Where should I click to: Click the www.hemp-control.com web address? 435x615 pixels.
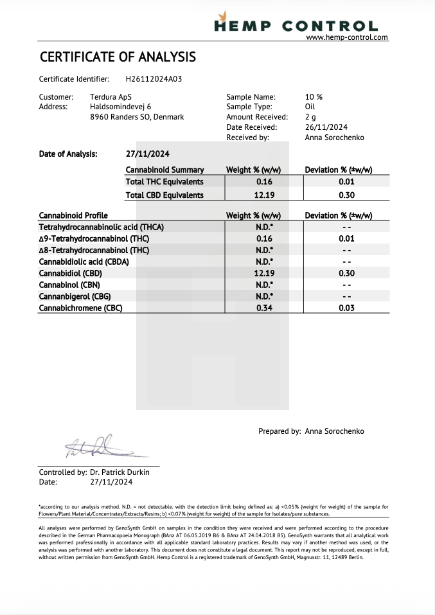point(347,37)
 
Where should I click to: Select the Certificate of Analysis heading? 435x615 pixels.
point(118,57)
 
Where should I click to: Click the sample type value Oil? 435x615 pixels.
point(310,107)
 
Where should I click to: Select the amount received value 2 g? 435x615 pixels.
point(310,117)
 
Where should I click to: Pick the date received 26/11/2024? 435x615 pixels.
point(326,127)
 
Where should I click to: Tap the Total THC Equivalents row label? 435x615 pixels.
point(164,182)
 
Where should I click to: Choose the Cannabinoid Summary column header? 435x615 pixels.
point(164,170)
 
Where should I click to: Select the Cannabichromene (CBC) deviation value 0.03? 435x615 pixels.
point(346,308)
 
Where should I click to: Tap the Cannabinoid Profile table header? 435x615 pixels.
point(73,215)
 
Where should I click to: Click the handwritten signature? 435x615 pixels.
point(96,445)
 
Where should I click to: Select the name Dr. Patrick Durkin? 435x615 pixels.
point(120,472)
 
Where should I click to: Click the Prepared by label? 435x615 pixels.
point(280,431)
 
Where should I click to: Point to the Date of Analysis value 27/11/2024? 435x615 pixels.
point(148,154)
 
